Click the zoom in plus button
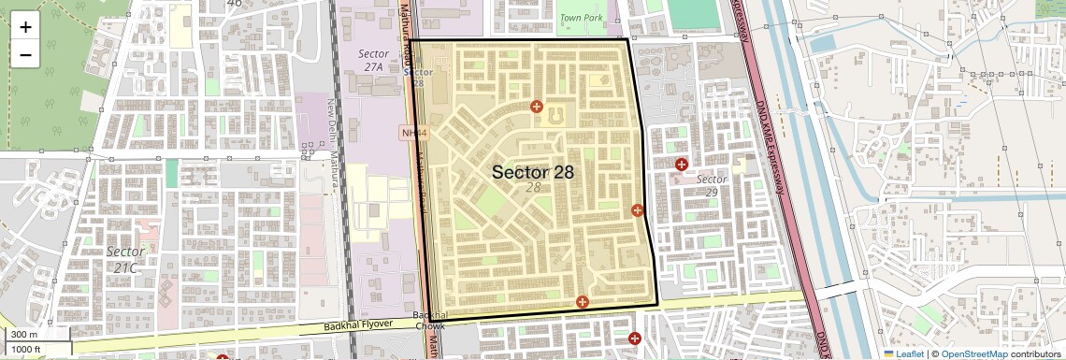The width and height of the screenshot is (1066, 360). pos(25,26)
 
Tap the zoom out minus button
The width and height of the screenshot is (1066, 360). pos(25,55)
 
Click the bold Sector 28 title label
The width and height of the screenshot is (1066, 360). pos(532,172)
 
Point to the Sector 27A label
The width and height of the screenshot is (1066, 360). pos(373,61)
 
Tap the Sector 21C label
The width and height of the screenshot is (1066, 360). pos(125,259)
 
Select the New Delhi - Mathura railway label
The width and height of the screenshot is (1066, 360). pos(331,140)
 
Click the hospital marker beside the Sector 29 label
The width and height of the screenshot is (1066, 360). pos(682,165)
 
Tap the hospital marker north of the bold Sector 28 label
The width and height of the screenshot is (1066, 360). pos(537,107)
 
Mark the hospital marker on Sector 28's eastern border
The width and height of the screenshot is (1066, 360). pos(638,210)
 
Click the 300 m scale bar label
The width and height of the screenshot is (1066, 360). pos(24,335)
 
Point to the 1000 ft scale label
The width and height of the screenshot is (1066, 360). pos(26,349)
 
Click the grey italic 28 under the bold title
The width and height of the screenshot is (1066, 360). pos(533,188)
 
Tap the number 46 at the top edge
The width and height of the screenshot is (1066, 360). pos(234,4)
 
